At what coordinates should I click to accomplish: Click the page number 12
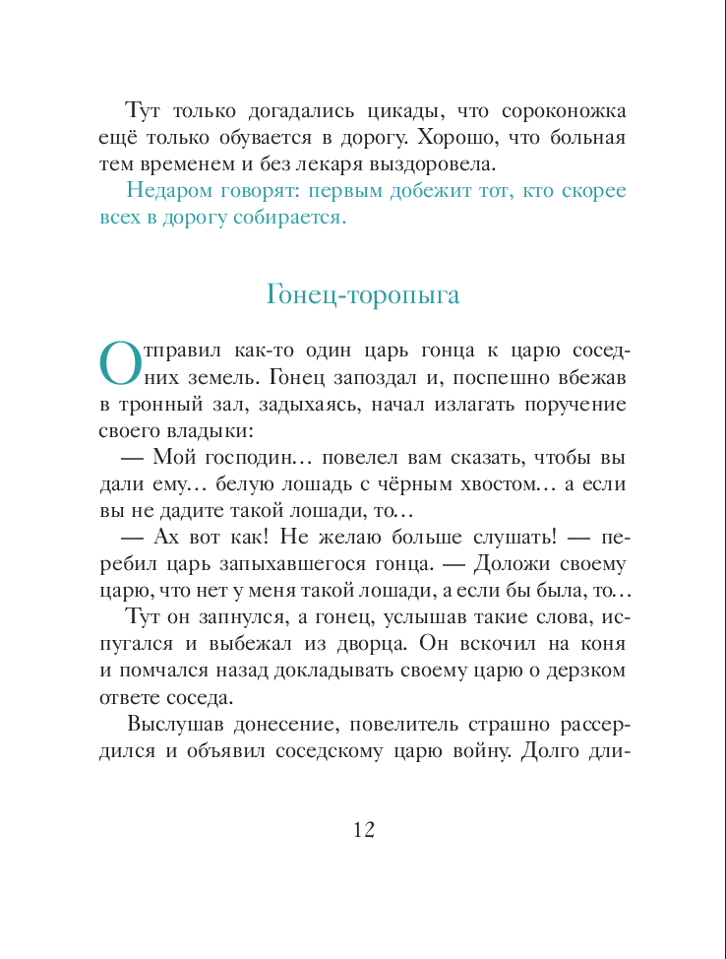tap(363, 829)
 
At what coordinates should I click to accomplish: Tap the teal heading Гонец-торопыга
tap(363, 294)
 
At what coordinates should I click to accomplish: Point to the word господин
tap(240, 458)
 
